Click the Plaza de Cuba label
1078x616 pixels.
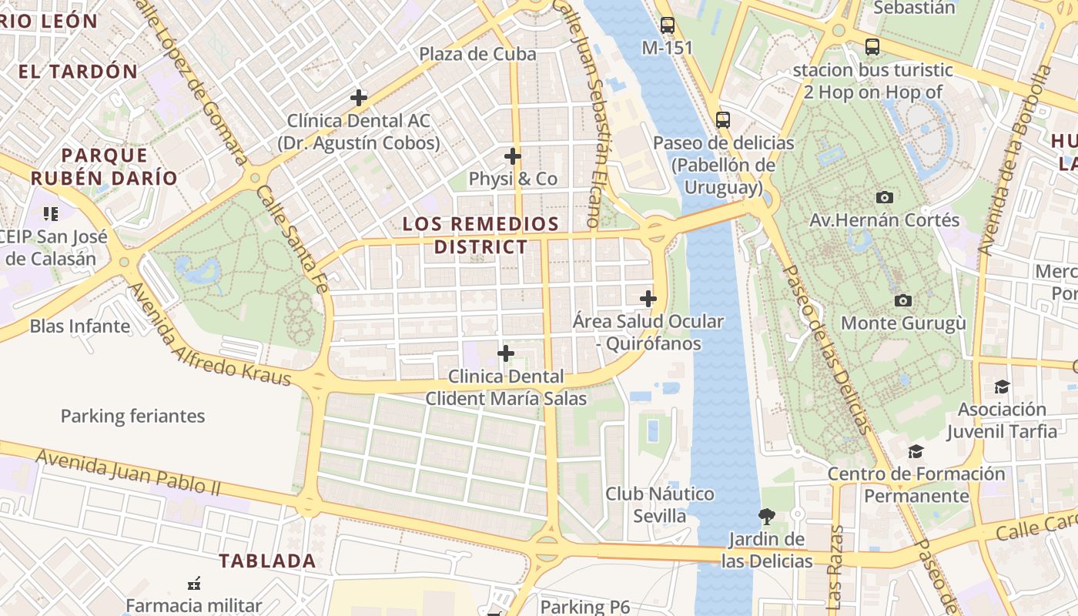(x=477, y=54)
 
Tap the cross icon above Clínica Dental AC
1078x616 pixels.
(x=358, y=98)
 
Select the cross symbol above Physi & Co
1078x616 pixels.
(x=513, y=156)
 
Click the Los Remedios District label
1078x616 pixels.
(x=481, y=236)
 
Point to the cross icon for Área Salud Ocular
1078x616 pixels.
(x=648, y=299)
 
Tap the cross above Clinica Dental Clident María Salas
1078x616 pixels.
(x=506, y=353)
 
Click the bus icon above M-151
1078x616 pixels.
(x=668, y=25)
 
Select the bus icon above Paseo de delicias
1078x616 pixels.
(x=722, y=120)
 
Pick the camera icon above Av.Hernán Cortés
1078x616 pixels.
(x=885, y=197)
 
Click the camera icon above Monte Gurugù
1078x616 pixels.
(x=903, y=300)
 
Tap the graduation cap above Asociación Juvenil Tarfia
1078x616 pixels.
(x=1002, y=387)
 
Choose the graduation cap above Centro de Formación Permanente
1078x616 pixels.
(x=916, y=451)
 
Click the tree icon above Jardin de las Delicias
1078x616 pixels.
(x=766, y=516)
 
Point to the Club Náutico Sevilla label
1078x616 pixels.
(x=660, y=504)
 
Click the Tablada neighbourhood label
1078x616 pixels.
(x=267, y=561)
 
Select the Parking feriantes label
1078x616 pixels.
(x=133, y=417)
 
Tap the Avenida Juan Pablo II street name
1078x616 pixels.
(x=129, y=472)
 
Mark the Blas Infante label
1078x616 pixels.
(x=80, y=326)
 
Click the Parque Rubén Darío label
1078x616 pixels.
(x=104, y=166)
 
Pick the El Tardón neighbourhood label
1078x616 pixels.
(x=78, y=72)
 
